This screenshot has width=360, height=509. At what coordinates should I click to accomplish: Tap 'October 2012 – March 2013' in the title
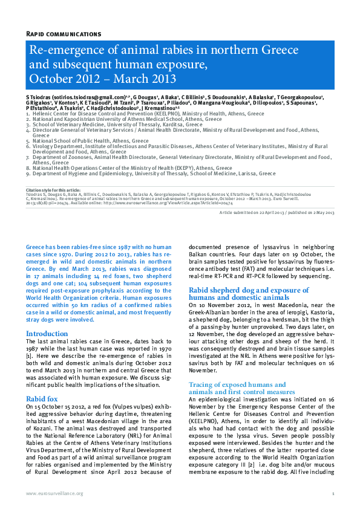click(103, 79)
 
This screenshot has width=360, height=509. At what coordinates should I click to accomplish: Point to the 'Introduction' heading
click(47, 334)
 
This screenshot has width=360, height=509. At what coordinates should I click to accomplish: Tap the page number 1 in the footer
click(333, 494)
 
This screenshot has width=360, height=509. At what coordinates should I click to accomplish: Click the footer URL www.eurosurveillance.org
click(54, 494)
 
